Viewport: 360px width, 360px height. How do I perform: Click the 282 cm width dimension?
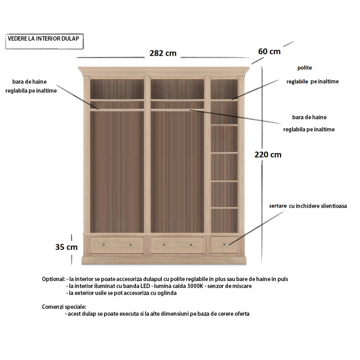[x=163, y=53]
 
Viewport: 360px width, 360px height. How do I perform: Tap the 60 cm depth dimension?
[x=269, y=51]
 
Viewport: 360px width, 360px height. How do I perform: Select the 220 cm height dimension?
[x=268, y=154]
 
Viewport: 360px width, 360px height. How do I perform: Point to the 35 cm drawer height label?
[x=66, y=247]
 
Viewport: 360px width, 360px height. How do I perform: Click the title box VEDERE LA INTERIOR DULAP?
[x=44, y=41]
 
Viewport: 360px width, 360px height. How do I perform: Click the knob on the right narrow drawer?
[x=224, y=244]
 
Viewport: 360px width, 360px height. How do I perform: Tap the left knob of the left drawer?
[x=103, y=245]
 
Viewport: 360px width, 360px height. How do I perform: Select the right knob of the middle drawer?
[x=191, y=245]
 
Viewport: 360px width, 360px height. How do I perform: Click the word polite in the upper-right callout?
[x=305, y=68]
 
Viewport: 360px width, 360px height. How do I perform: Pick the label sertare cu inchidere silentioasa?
[x=308, y=206]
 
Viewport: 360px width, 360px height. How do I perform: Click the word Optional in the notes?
[x=54, y=279]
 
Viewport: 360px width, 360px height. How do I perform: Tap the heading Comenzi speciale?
[x=64, y=307]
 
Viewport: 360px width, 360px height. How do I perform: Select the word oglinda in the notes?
[x=167, y=293]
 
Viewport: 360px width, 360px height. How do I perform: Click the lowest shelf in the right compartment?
[x=224, y=208]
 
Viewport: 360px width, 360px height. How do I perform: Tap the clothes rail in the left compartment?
[x=117, y=110]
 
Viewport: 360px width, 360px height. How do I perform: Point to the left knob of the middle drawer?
[x=164, y=245]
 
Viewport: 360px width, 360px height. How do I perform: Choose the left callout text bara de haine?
[x=29, y=82]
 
